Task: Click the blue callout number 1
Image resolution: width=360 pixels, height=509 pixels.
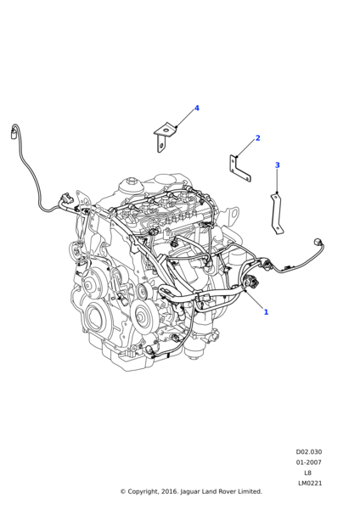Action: coord(266,312)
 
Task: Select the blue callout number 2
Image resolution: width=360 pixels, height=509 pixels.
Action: coord(257,138)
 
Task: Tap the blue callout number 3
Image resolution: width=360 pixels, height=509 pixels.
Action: coord(277,165)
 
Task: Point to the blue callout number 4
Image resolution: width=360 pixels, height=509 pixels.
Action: coord(196,109)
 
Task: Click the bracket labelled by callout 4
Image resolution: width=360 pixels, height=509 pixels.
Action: coord(165,134)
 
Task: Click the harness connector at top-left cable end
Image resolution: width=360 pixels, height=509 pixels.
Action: coord(14,131)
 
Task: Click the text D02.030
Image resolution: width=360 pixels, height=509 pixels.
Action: coord(308,452)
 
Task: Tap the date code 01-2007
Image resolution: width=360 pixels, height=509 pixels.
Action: coord(308,462)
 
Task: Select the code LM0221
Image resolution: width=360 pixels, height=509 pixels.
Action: coord(308,484)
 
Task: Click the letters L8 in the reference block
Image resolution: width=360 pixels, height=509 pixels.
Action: coord(308,473)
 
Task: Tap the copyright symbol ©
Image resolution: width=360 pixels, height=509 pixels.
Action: coord(122,491)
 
